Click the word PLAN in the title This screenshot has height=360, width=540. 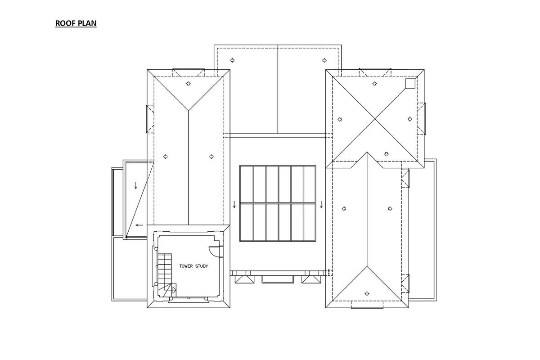(89, 23)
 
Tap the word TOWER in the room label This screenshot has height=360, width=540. (186, 266)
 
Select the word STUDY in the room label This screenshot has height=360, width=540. (202, 266)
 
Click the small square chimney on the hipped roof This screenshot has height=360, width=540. (410, 83)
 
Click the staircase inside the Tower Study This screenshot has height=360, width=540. (165, 272)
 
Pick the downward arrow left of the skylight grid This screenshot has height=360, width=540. (234, 204)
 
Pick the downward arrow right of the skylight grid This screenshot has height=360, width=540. (321, 204)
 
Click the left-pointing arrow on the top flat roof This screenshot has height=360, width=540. (232, 60)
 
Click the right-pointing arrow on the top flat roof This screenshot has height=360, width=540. (324, 60)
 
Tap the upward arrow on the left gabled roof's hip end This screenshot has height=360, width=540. (189, 83)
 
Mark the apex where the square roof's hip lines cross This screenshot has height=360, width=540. (375, 119)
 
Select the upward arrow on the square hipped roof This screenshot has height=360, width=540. (374, 83)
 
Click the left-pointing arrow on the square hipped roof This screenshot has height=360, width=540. (340, 119)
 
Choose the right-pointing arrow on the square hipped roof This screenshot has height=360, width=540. (410, 119)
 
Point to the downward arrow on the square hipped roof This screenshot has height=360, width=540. (387, 154)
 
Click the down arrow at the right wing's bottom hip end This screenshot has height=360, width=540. (367, 293)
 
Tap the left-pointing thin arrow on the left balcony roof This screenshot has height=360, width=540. (139, 225)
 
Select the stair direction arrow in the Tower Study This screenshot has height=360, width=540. (173, 290)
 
